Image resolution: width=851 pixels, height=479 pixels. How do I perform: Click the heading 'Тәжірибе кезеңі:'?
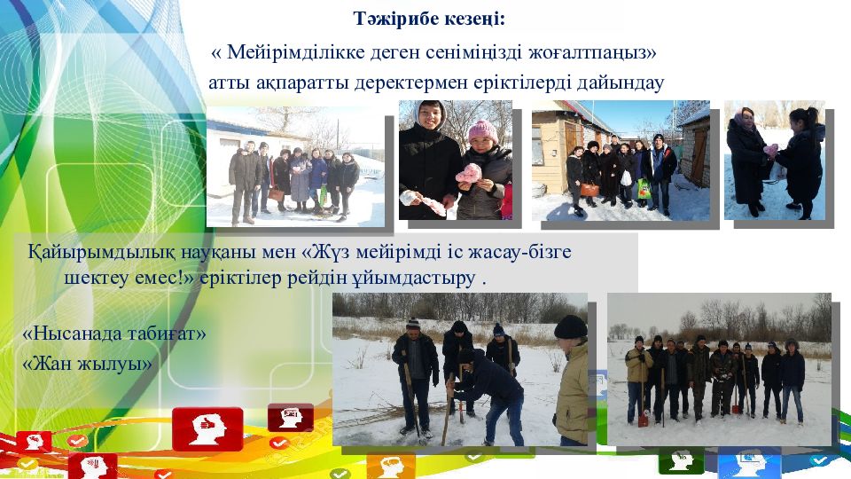pos(429,19)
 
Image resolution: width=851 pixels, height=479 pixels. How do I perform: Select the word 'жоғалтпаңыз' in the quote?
pos(589,53)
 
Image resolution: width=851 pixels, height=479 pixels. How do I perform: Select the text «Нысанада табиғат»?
pos(114,333)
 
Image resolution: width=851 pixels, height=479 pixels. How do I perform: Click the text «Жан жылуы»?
pos(87,363)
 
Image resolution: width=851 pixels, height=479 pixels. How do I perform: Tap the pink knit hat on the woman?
pos(482,131)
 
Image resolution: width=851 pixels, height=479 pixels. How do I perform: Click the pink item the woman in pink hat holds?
pos(468,173)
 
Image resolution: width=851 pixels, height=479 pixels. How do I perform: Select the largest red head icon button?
pos(207,428)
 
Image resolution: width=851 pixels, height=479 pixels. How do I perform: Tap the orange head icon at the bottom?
pos(391,466)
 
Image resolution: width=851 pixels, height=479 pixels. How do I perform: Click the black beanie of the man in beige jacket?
pos(570,327)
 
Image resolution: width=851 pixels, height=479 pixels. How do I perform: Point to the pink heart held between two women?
pos(770,151)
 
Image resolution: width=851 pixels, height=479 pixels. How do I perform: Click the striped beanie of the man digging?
pos(413,324)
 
